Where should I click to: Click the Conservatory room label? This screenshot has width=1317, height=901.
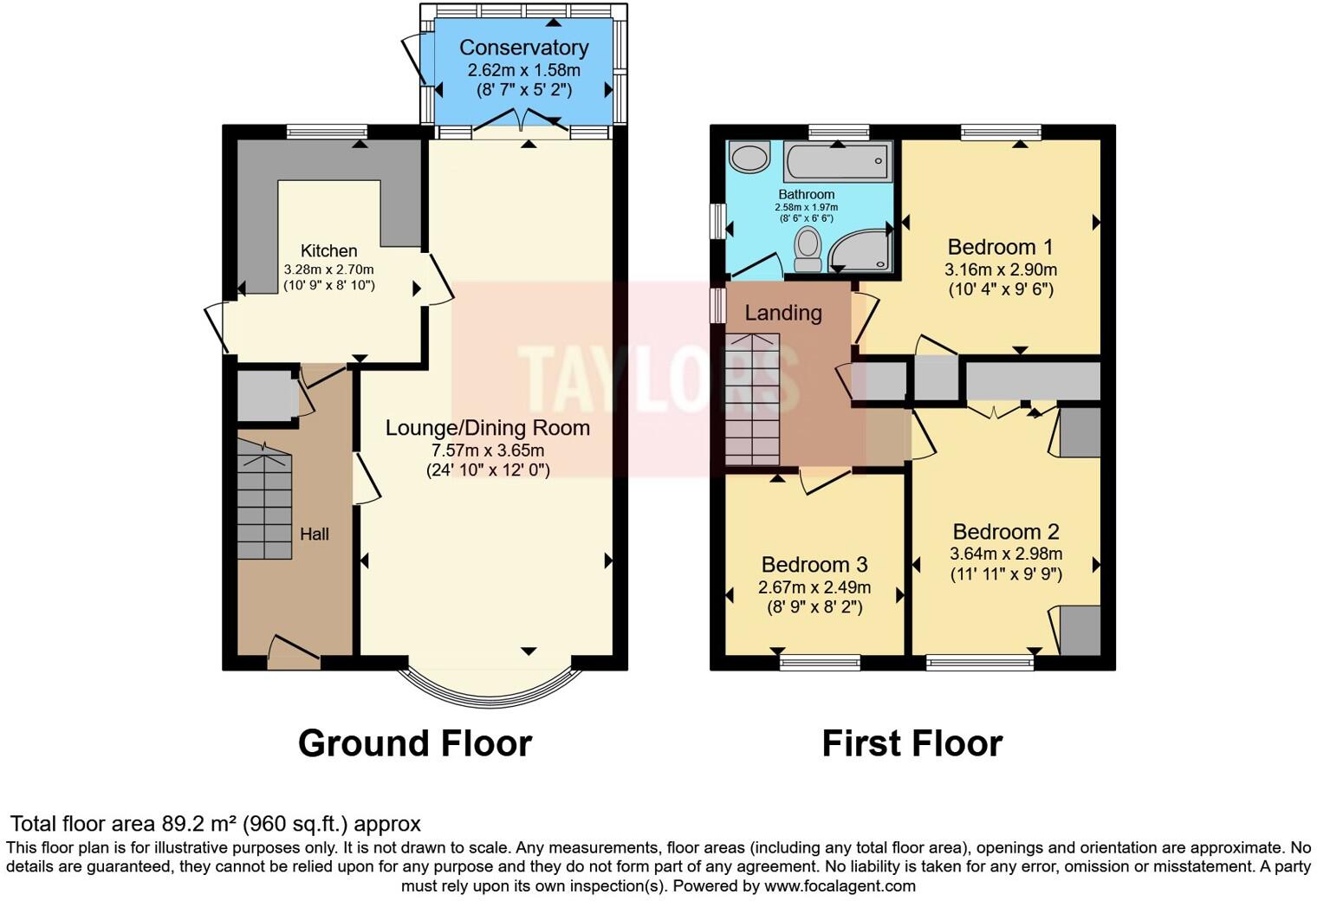(523, 48)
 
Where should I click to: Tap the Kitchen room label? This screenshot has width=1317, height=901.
(328, 250)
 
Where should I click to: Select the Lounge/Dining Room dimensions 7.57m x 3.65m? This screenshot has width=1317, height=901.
(488, 450)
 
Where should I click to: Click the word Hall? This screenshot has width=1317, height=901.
(314, 534)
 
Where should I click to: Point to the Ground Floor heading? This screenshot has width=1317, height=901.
(414, 743)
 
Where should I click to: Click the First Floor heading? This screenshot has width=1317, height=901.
(912, 743)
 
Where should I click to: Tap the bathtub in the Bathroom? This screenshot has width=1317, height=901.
(837, 161)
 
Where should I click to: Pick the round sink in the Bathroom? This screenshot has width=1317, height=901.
(749, 158)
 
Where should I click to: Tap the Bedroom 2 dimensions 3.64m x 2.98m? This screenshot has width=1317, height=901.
(1006, 554)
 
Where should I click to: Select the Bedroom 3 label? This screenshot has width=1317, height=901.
(814, 565)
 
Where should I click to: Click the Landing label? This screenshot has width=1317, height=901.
(783, 313)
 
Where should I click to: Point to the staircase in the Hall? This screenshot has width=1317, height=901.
(264, 501)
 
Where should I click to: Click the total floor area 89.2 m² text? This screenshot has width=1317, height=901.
(215, 823)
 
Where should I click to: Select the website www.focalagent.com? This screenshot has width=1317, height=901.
(840, 885)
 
